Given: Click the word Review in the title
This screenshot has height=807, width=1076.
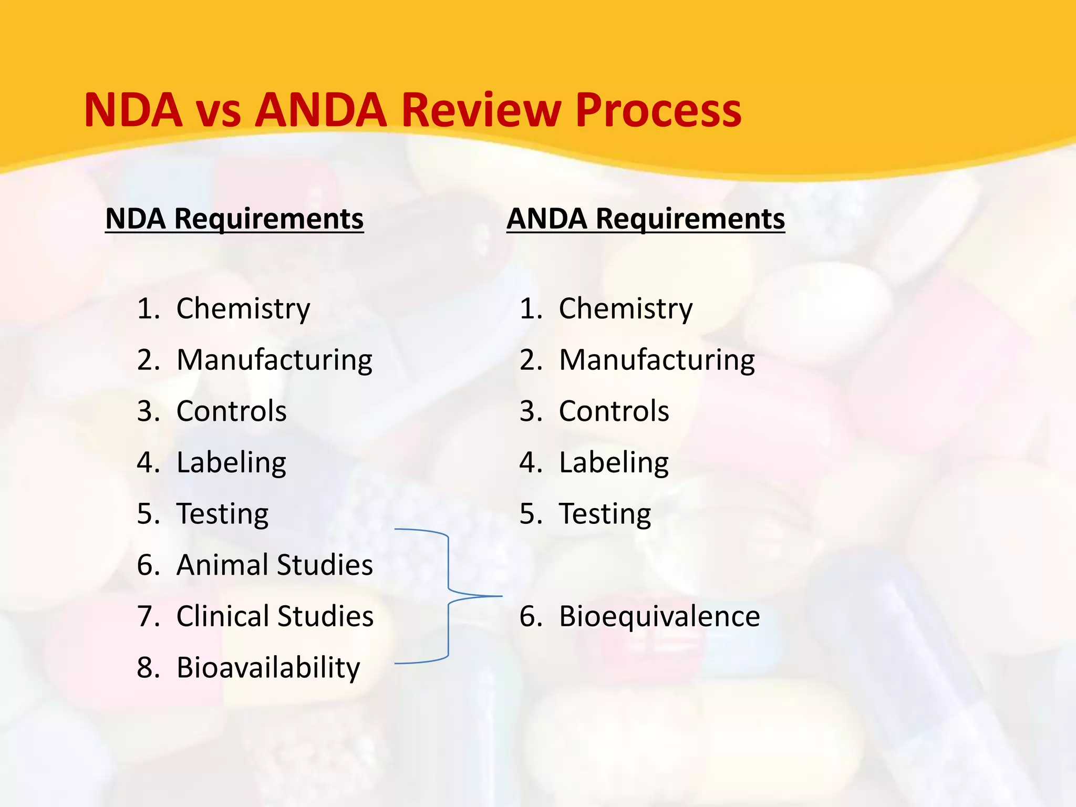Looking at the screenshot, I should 481,110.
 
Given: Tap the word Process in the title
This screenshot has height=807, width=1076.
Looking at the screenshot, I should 658,111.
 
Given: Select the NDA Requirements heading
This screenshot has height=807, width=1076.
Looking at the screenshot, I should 234,219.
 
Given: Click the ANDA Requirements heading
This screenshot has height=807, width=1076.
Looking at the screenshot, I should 646,219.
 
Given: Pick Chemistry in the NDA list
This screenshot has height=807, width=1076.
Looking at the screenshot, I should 243,308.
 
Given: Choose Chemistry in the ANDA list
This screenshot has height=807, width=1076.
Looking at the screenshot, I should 626,308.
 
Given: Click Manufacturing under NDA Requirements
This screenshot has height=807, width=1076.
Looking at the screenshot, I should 274,360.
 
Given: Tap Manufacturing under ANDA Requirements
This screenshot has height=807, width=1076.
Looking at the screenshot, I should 657,360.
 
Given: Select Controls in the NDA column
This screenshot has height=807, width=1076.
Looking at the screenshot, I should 232,411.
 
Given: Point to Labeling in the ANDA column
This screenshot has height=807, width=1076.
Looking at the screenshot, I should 614,463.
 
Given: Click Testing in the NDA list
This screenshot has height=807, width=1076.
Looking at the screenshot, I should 222,513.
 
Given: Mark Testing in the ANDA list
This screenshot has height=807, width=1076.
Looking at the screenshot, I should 605,513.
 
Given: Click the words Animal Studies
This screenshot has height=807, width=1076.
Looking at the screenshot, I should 275,565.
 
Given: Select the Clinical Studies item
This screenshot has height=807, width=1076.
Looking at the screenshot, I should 275,616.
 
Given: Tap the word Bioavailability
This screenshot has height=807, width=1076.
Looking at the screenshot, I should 268,668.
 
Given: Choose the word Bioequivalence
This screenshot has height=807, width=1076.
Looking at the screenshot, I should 659,616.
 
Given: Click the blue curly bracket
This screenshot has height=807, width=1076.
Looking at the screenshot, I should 448,596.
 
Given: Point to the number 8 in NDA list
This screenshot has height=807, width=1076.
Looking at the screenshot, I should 146,668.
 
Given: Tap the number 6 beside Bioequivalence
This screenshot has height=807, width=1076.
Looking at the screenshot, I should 527,616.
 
